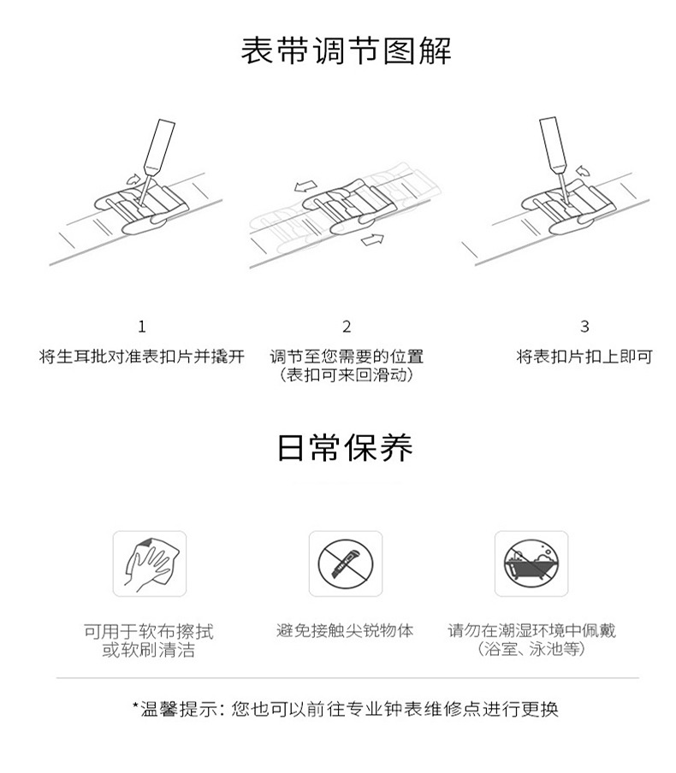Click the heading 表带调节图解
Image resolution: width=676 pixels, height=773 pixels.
(346, 50)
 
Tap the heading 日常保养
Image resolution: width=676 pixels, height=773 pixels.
(345, 447)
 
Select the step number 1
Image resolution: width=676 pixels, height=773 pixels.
(142, 327)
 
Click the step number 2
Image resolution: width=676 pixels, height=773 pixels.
(347, 327)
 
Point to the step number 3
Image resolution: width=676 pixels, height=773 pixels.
(584, 327)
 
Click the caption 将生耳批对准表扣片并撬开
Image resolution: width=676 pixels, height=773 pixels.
(142, 356)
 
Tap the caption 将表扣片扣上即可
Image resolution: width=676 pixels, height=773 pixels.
(584, 356)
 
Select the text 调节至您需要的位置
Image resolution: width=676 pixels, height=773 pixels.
(347, 356)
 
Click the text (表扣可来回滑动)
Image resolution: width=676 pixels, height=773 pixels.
(347, 375)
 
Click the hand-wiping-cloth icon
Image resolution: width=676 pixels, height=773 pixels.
(150, 564)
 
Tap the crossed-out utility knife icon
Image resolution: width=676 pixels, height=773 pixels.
(346, 564)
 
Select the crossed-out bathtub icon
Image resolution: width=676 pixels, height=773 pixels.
(531, 564)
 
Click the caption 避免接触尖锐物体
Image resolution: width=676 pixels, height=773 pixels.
(345, 630)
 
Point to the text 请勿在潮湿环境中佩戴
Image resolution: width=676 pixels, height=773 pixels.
(532, 630)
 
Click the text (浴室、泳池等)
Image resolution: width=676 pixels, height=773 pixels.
(532, 649)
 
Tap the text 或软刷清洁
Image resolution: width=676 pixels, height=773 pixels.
(149, 650)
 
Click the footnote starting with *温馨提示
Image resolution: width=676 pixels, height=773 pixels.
(346, 709)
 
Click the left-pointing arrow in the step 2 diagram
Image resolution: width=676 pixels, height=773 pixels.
(306, 186)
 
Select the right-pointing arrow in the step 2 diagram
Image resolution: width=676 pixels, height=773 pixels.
(372, 239)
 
